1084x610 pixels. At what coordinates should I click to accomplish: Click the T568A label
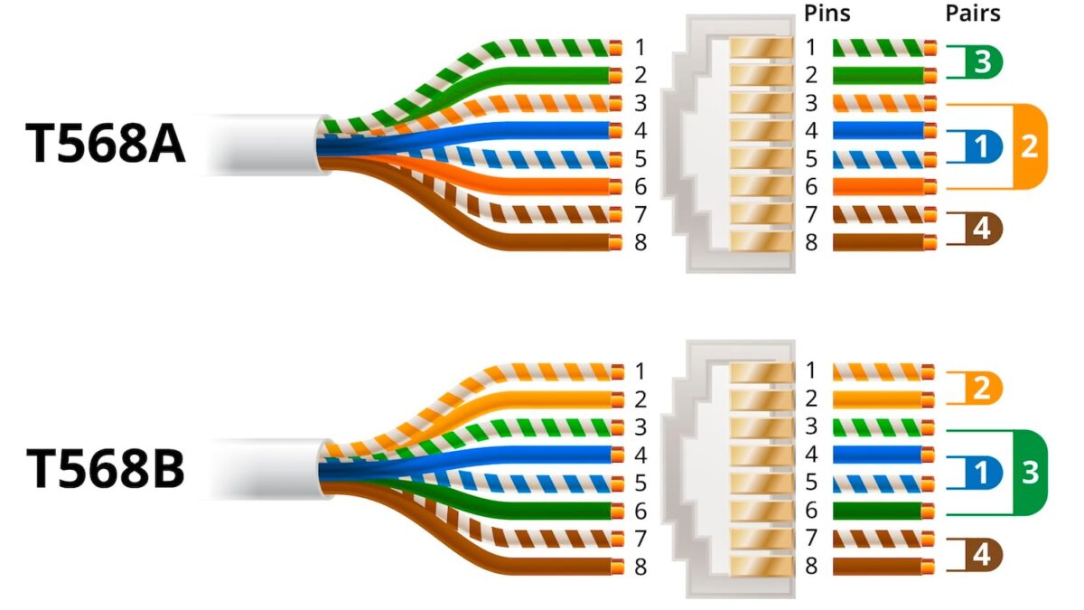pyautogui.click(x=107, y=145)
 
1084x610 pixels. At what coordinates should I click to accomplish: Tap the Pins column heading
pyautogui.click(x=827, y=14)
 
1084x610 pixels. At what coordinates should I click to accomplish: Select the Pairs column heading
pyautogui.click(x=972, y=14)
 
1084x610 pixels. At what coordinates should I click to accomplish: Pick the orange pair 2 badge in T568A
pyautogui.click(x=1029, y=147)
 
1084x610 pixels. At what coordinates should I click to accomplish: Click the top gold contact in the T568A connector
pyautogui.click(x=760, y=47)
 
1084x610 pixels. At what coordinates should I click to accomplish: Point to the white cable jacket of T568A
pyautogui.click(x=262, y=145)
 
